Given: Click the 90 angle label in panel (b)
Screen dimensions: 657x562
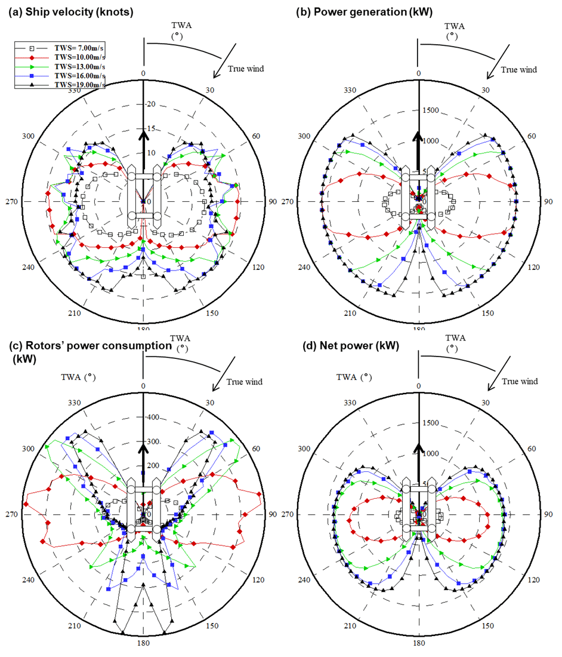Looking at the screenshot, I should [547, 202].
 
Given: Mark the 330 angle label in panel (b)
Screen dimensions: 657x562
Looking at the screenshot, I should [350, 90].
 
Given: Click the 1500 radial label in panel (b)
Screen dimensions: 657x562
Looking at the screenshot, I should [431, 110].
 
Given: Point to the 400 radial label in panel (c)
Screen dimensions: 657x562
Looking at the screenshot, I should [154, 417].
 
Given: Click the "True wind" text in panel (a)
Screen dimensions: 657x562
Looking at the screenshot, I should [245, 69].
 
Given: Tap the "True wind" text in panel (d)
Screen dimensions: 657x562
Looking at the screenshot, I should [519, 381].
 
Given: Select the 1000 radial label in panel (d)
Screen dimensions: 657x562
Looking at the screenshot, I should [431, 453].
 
